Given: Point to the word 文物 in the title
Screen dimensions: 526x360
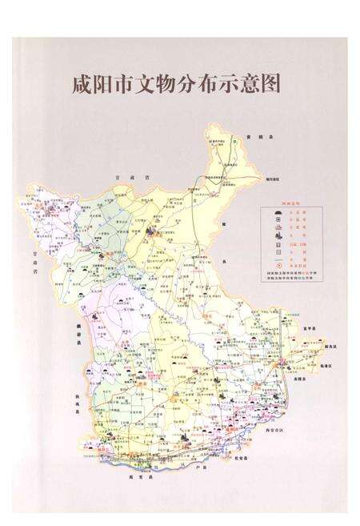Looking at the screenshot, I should [x=150, y=84].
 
